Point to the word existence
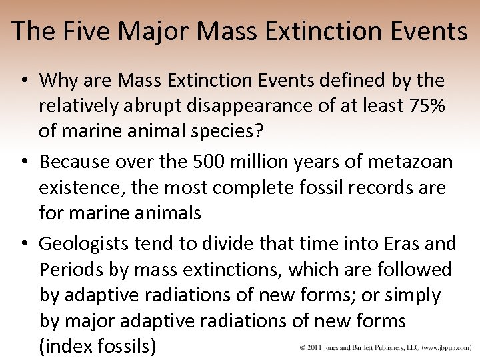80,188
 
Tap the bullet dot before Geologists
23,244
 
